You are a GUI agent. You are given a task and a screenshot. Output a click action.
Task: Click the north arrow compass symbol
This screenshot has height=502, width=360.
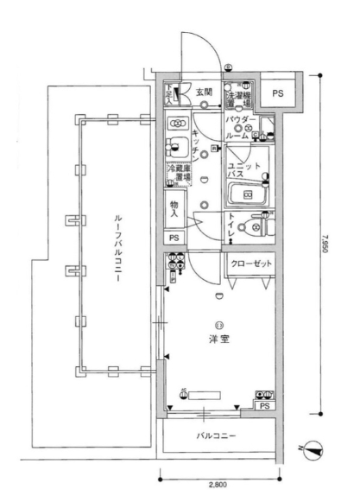315,448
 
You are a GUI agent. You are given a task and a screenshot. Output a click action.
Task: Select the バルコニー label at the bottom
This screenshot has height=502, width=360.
217,436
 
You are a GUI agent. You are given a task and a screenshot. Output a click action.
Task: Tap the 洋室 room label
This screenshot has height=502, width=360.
218,339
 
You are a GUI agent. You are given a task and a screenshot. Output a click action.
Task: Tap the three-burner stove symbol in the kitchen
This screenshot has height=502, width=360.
178,123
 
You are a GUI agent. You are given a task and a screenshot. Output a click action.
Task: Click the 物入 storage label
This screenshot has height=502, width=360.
175,207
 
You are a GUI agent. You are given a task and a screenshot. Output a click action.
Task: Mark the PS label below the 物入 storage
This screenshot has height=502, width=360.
174,238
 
